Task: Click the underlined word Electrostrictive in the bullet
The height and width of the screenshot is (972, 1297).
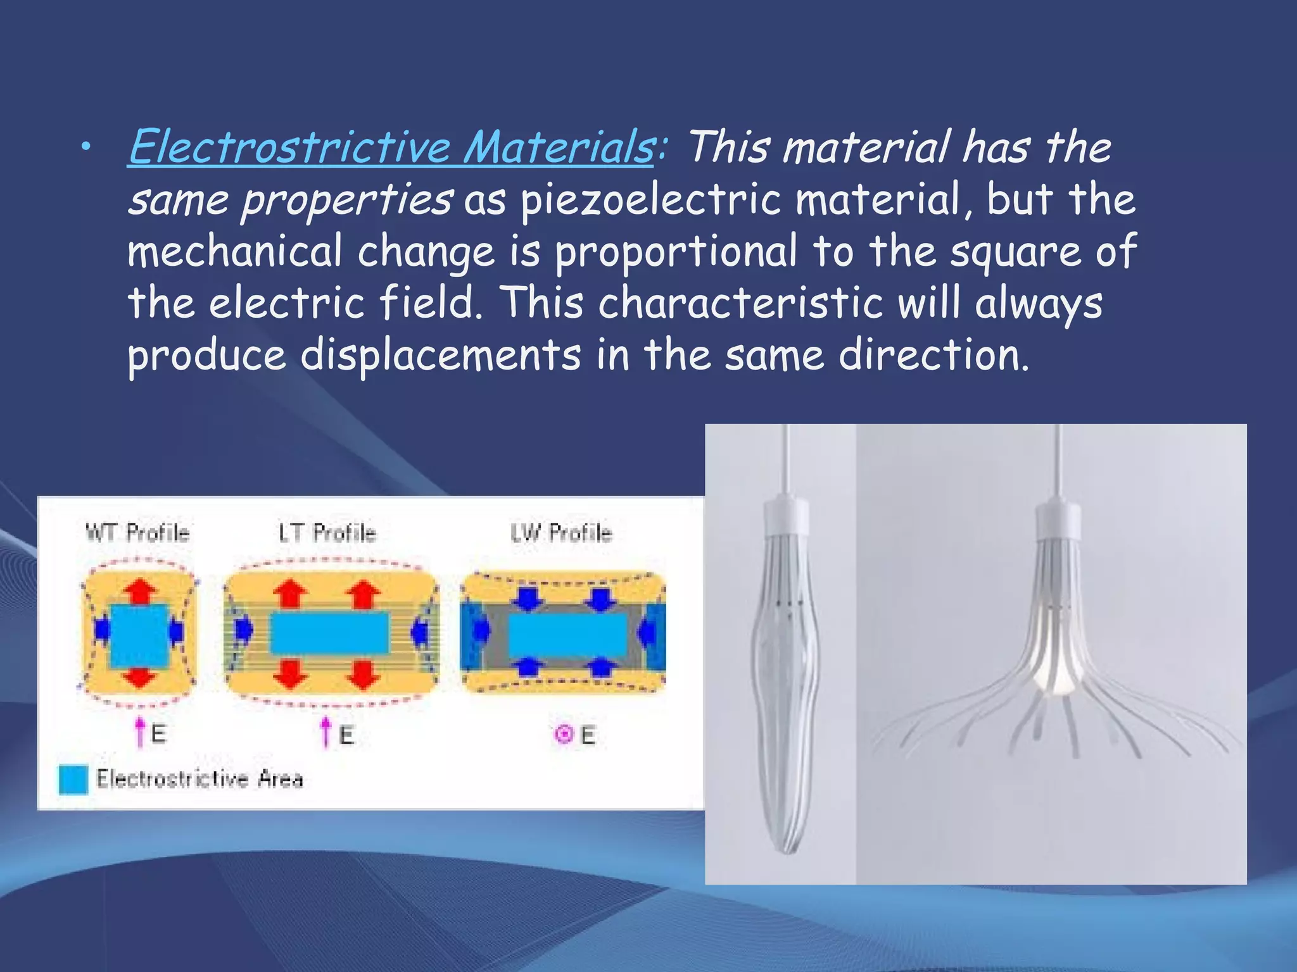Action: tap(290, 147)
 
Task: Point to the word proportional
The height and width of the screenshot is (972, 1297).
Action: tap(676, 251)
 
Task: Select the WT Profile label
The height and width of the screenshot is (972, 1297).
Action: tap(137, 533)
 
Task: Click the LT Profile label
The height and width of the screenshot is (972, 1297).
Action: tap(327, 533)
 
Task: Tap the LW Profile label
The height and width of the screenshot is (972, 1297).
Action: tap(561, 533)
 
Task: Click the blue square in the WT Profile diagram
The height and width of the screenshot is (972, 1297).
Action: tap(139, 636)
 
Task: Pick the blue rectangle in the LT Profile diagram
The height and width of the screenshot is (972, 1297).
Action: tap(329, 633)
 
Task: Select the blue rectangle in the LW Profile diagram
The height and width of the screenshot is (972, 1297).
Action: tap(567, 635)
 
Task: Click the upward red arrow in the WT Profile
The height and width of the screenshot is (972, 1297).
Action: tap(140, 591)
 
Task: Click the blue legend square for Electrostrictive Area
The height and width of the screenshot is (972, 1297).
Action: tap(73, 780)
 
